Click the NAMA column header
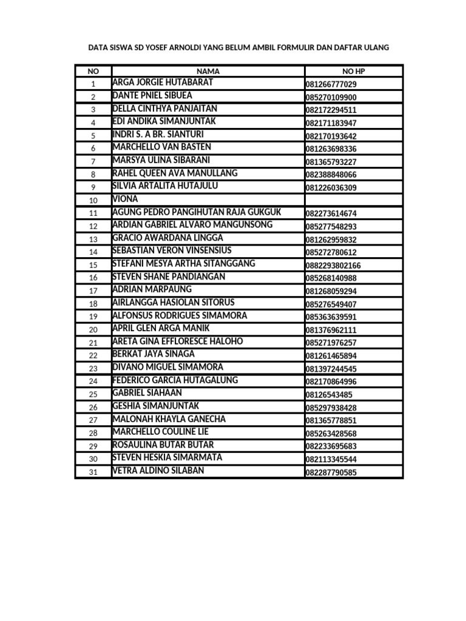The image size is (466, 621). pos(208,71)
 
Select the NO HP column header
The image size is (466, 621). pos(354,71)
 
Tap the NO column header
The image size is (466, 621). pos(93,71)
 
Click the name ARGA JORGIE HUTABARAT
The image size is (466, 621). pos(163,83)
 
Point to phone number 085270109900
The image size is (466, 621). pos(331,97)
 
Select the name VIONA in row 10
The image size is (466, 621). pos(126,199)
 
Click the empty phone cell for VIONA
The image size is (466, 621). pos(354,200)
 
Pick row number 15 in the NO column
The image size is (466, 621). pos(93,265)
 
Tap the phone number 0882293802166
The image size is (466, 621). pos(333,266)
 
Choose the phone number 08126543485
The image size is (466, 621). pos(328,395)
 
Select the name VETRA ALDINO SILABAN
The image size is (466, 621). pos(158,471)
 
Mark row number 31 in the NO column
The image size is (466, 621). pos(93,472)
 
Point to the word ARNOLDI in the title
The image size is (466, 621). pos(184,47)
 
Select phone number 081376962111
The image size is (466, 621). pos(331,330)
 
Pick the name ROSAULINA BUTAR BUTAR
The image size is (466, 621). pos(163,445)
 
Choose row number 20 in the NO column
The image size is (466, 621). pos(93,330)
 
